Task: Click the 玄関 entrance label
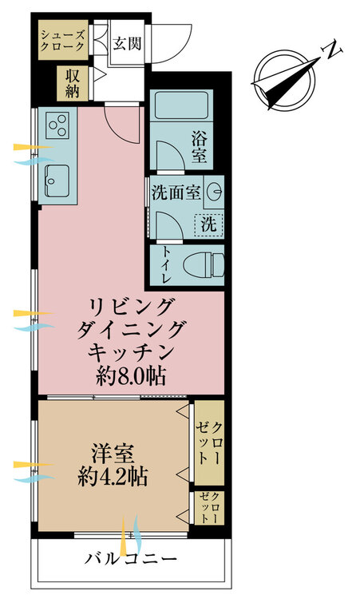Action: point(127,44)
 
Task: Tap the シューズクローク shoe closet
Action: point(63,40)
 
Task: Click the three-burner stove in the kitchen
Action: point(57,125)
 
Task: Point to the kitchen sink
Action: point(57,180)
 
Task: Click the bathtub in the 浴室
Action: point(181,105)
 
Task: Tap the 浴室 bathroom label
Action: point(199,147)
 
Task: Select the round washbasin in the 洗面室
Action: point(215,189)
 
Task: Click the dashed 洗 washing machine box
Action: point(208,225)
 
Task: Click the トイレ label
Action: point(167,264)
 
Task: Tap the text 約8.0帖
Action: point(131,378)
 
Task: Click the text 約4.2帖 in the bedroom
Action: point(113,476)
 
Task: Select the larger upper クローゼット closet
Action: point(209,442)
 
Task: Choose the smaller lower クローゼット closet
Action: point(209,507)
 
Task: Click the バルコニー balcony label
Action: point(131,559)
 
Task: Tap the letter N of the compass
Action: point(332,49)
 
